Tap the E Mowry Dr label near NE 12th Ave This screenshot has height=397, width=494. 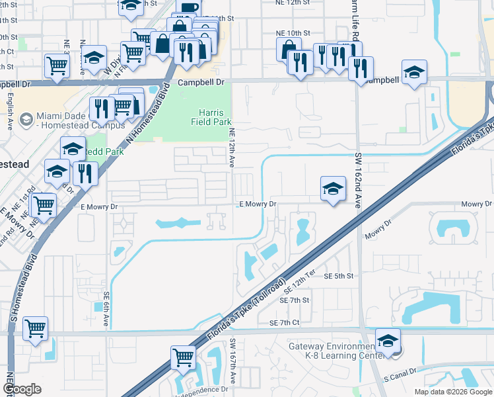click(x=257, y=204)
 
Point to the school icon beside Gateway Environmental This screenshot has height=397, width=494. click(x=388, y=341)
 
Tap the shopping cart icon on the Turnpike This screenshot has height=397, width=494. click(x=183, y=357)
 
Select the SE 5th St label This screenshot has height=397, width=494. click(x=339, y=276)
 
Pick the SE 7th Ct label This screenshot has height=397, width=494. click(x=285, y=322)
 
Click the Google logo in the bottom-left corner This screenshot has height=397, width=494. click(x=22, y=389)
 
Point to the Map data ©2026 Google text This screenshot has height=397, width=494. click(x=452, y=392)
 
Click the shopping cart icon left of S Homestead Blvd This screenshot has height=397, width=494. click(x=35, y=328)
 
